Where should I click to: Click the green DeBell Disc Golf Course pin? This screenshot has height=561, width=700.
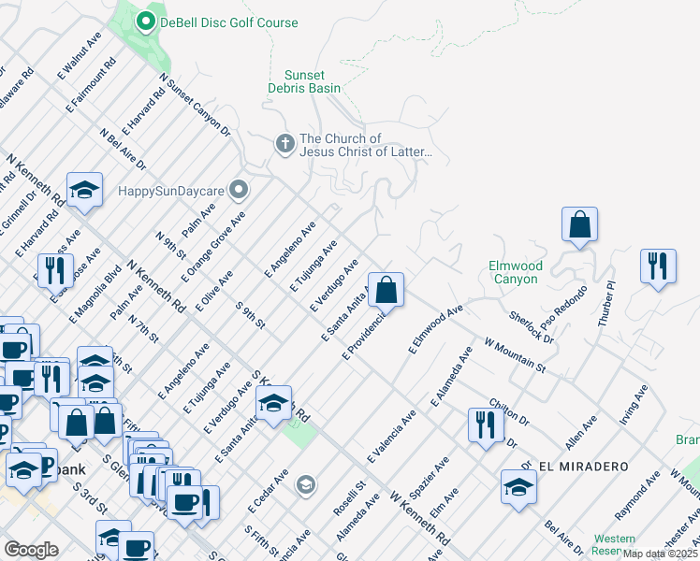pyautogui.click(x=146, y=22)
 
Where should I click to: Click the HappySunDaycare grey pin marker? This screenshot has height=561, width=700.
pyautogui.click(x=239, y=191)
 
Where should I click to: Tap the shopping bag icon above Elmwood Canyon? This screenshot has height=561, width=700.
pyautogui.click(x=579, y=225)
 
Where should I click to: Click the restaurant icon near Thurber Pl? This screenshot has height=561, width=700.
pyautogui.click(x=658, y=266)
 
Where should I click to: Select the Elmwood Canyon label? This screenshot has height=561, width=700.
pyautogui.click(x=515, y=272)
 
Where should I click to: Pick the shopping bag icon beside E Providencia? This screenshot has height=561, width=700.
pyautogui.click(x=386, y=291)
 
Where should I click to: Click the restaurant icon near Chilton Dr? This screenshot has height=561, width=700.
pyautogui.click(x=486, y=425)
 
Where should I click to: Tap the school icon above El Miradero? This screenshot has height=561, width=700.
pyautogui.click(x=518, y=487)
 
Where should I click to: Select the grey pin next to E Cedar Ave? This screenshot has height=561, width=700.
pyautogui.click(x=305, y=484)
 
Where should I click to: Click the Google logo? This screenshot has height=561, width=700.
pyautogui.click(x=31, y=550)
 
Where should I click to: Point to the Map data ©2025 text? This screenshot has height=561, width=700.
pyautogui.click(x=660, y=554)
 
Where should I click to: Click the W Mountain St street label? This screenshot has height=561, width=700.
pyautogui.click(x=515, y=355)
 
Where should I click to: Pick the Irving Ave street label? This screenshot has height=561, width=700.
pyautogui.click(x=634, y=403)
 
